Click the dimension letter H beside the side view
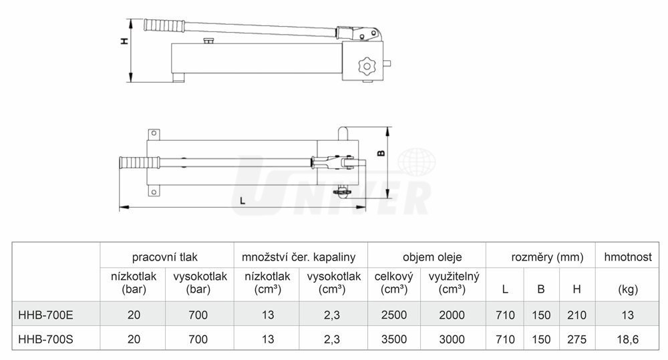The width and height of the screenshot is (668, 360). (124, 41)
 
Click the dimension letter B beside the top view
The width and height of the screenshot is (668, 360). (381, 152)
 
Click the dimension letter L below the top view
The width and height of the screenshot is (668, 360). (242, 200)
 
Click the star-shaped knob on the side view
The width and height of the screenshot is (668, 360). (365, 66)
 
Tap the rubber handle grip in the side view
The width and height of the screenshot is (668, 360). (165, 25)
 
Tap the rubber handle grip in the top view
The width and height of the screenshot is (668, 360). (140, 163)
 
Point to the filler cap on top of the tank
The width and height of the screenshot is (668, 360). (208, 41)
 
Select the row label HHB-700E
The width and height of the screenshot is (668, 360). (45, 315)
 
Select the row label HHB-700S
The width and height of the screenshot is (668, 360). (45, 339)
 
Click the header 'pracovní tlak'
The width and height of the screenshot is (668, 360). (165, 257)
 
